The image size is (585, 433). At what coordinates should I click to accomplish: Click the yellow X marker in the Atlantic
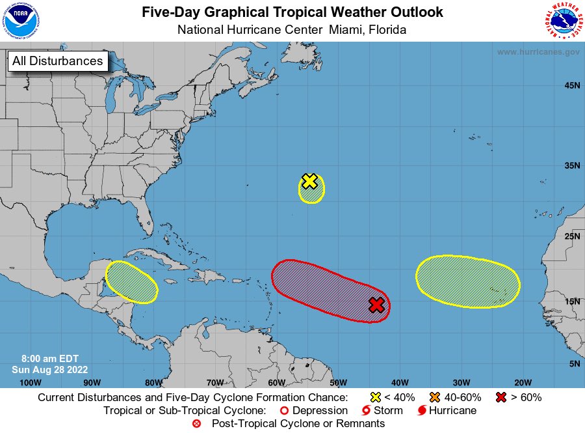[x=310, y=182]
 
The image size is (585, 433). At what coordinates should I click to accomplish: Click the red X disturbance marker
[x=376, y=305]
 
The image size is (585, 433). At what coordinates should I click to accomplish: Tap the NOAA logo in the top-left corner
[x=21, y=21]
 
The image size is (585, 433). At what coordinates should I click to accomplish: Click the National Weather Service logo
[x=563, y=21]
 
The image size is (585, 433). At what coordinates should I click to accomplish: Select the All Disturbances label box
[x=57, y=61]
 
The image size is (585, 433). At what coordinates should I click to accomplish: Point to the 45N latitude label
[x=571, y=85]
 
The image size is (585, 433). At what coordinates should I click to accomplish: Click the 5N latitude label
[x=573, y=363]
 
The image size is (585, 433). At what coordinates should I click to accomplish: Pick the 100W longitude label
[x=31, y=382]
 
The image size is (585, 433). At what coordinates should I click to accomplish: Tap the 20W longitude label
[x=523, y=382]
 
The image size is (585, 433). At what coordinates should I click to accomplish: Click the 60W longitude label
[x=276, y=382]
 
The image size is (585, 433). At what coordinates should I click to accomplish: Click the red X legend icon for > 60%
[x=501, y=397]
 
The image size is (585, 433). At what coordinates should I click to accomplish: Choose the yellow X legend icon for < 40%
[x=375, y=397]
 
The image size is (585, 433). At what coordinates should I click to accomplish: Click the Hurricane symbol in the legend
[x=422, y=411]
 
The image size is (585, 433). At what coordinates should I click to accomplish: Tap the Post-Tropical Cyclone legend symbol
[x=196, y=424]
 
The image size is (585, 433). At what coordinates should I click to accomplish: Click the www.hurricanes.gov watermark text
[x=538, y=52]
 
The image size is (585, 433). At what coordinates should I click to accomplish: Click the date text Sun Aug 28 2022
[x=45, y=369]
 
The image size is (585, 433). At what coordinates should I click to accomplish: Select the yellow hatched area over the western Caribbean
[x=132, y=282]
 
